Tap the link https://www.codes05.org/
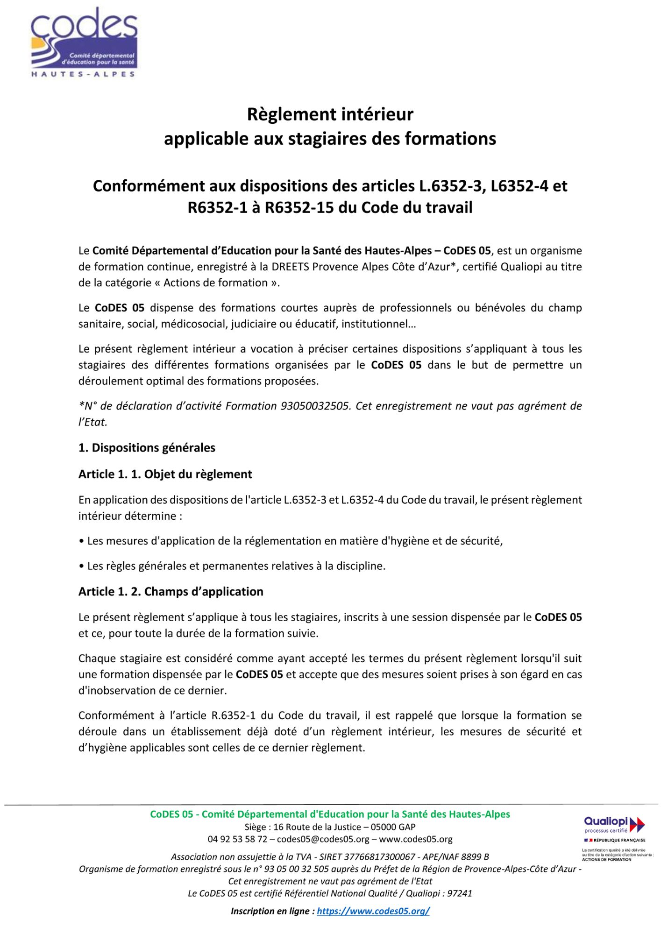[373, 911]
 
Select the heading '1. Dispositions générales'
[147, 448]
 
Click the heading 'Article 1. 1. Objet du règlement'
[165, 474]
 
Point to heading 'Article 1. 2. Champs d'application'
[171, 592]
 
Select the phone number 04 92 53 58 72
[237, 839]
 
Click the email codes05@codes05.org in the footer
[323, 839]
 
